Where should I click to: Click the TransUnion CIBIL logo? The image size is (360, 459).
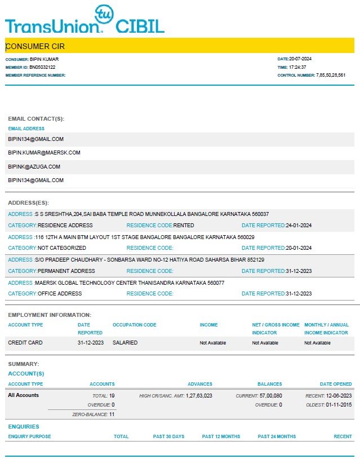point(85,21)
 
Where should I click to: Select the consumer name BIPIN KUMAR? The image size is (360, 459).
point(44,59)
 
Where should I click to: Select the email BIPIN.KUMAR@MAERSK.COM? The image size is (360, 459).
point(44,153)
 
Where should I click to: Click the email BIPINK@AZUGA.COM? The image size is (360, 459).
point(34,167)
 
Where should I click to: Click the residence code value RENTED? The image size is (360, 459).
point(184,226)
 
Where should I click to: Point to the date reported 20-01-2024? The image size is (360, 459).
point(299,248)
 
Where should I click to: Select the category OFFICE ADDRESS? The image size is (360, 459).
point(60,294)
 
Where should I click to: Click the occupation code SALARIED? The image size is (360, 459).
point(125,343)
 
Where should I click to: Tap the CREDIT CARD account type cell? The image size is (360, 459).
point(25,343)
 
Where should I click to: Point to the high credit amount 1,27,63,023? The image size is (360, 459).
point(199,396)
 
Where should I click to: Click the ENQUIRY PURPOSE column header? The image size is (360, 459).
point(29,436)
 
